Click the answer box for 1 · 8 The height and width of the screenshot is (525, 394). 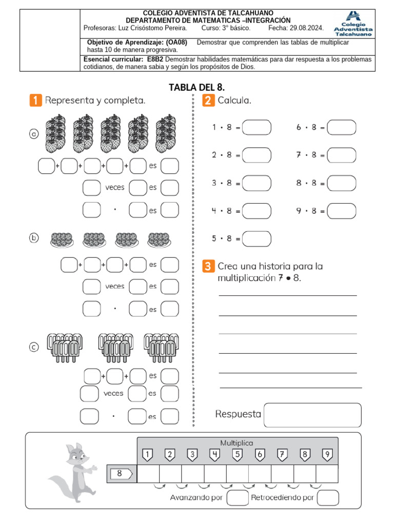(257, 127)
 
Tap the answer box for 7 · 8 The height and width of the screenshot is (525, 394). (341, 155)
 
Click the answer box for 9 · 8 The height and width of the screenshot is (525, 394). (341, 211)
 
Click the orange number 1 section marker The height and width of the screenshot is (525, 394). (35, 100)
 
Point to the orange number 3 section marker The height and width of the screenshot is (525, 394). (208, 266)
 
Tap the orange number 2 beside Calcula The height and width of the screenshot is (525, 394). (208, 100)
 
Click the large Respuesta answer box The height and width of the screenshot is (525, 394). (312, 415)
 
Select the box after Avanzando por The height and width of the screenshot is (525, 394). (238, 498)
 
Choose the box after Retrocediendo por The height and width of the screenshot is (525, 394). (328, 498)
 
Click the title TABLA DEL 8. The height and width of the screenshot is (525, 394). (197, 87)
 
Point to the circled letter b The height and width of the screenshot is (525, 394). (34, 238)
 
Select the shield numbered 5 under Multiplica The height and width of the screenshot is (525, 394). (237, 454)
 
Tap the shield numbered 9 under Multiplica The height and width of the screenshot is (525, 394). (327, 454)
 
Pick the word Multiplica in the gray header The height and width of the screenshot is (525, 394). (237, 442)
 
